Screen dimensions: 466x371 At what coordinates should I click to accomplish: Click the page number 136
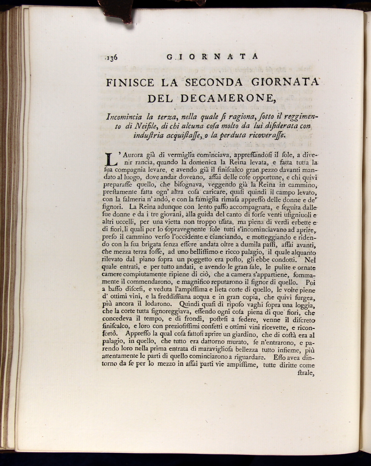(112, 57)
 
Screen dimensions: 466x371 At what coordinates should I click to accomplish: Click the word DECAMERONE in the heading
(227, 98)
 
